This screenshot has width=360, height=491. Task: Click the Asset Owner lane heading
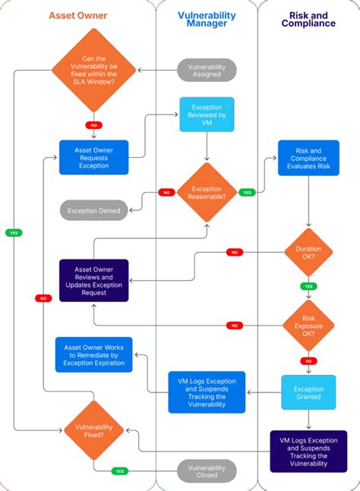coord(77,15)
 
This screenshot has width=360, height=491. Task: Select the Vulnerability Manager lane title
coord(207,19)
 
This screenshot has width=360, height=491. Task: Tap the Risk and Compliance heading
coord(308,19)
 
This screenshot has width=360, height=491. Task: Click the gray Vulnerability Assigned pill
coord(207,70)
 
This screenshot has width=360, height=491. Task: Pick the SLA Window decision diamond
coord(94,70)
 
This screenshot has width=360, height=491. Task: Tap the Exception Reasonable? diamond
coord(207,193)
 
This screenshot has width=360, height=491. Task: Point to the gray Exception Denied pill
coord(94,210)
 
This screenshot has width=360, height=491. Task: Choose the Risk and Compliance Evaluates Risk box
coord(308,159)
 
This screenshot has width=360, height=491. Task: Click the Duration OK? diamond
coord(308,252)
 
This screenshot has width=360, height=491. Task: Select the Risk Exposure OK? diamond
coord(308,325)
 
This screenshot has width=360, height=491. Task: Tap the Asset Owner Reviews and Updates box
coord(94,280)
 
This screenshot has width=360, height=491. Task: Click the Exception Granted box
coord(308,392)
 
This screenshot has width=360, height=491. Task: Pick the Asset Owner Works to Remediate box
coord(94,354)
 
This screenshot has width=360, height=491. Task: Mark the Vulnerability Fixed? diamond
coord(94,431)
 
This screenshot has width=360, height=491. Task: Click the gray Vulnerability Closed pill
coord(207,471)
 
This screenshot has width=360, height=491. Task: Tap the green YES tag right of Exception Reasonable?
coord(247,192)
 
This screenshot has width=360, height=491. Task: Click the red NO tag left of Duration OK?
coord(235,252)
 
